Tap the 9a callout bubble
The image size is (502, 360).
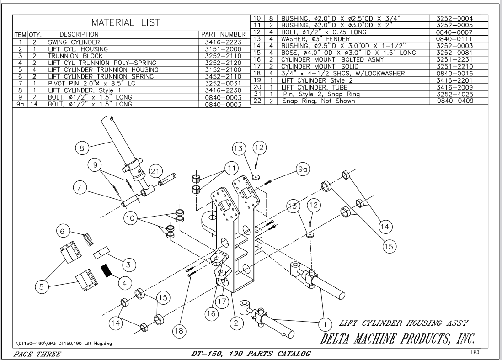pos(302,169)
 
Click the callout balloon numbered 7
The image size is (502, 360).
pos(80,187)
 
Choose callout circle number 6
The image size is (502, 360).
pos(63,231)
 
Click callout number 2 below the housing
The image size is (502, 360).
pos(236,323)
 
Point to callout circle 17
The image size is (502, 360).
pos(223,302)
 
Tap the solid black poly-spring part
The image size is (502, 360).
pos(107,270)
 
